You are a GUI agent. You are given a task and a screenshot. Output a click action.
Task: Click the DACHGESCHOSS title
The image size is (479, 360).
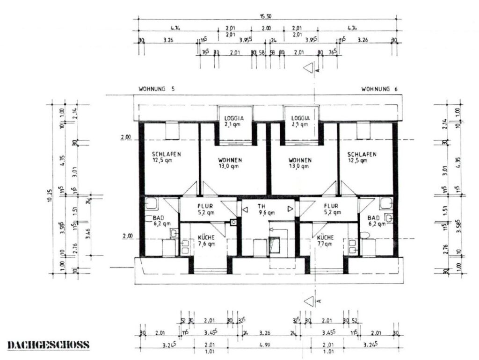(49, 345)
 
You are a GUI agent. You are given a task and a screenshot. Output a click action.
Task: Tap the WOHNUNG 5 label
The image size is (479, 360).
(157, 89)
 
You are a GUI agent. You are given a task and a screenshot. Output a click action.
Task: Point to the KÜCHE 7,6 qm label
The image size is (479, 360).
(206, 240)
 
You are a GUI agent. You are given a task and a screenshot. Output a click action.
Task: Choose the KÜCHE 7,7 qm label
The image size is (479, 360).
(325, 240)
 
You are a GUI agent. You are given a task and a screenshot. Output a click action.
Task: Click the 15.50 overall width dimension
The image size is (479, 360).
(266, 16)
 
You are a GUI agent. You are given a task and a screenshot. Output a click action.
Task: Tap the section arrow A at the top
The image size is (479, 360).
(309, 68)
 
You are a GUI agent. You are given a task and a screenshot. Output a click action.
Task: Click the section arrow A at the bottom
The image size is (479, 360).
(309, 300)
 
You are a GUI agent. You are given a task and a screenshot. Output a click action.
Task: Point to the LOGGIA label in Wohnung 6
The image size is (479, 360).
(299, 121)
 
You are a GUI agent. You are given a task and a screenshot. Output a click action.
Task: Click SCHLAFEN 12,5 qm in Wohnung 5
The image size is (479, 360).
(167, 158)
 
